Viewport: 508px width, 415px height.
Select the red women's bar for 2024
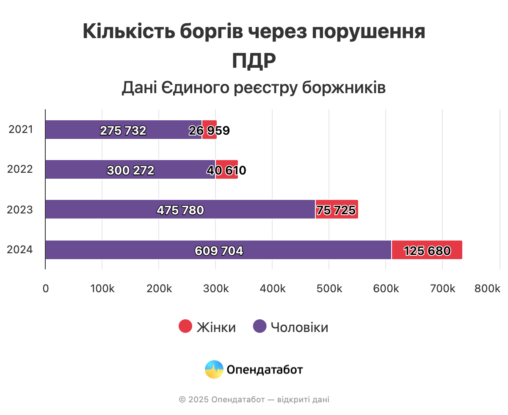(x=427, y=250)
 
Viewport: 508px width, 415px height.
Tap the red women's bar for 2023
(x=337, y=209)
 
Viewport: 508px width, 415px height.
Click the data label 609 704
(x=219, y=251)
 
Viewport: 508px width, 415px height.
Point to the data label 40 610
(x=226, y=171)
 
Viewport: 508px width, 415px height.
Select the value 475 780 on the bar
(x=180, y=210)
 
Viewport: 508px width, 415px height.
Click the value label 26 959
(x=209, y=131)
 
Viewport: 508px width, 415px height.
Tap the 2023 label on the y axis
(x=20, y=210)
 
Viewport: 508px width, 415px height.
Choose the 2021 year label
(x=21, y=130)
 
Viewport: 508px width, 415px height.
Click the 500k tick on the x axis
(x=329, y=288)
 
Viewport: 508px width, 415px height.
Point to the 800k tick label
(x=487, y=288)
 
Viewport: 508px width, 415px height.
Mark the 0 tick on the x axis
(x=45, y=288)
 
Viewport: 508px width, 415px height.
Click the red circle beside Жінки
(x=186, y=327)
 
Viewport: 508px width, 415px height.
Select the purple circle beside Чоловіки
(x=260, y=327)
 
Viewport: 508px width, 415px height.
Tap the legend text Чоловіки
(x=299, y=327)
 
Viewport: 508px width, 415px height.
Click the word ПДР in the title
(x=254, y=61)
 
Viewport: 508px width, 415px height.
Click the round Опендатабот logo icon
(x=214, y=369)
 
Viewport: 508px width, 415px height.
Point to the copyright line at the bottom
(x=254, y=399)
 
